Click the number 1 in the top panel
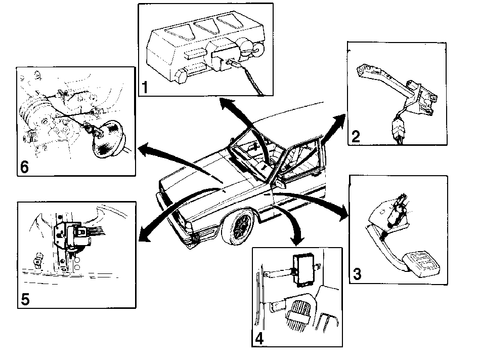(145, 87)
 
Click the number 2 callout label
(356, 136)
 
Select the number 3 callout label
(357, 274)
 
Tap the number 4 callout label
(259, 338)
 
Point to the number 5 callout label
(25, 299)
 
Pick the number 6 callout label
(24, 167)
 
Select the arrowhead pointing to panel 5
(145, 235)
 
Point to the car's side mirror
(280, 183)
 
